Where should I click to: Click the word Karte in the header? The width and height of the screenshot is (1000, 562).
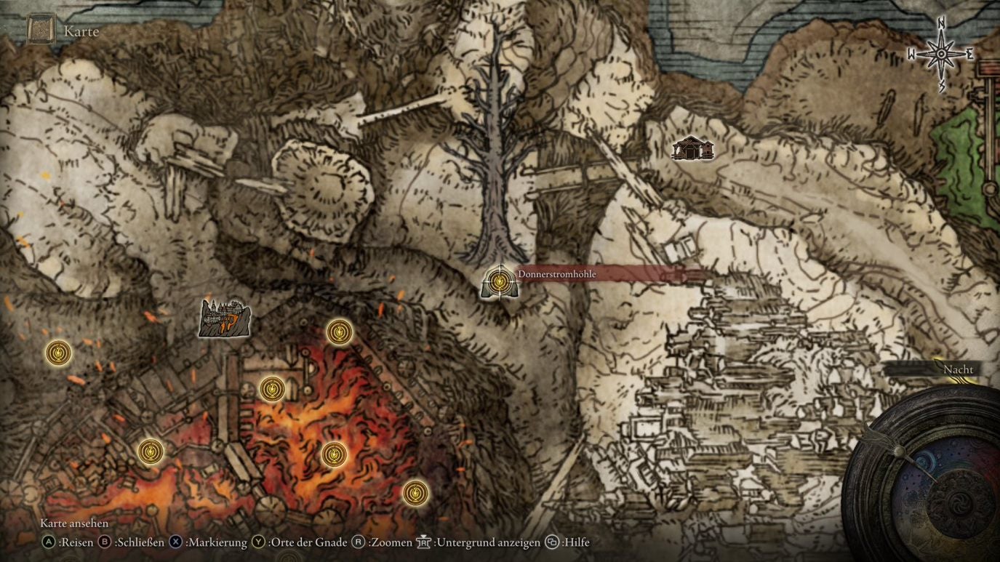pyautogui.click(x=81, y=31)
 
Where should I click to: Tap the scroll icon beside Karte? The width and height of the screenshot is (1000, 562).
pyautogui.click(x=41, y=30)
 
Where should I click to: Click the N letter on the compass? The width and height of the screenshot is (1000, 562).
pyautogui.click(x=941, y=24)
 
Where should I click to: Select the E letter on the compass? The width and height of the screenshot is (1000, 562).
pyautogui.click(x=969, y=54)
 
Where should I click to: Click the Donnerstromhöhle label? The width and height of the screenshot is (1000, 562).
pyautogui.click(x=556, y=274)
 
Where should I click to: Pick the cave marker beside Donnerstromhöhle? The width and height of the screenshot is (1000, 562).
pyautogui.click(x=499, y=282)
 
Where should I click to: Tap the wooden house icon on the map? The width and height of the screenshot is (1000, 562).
pyautogui.click(x=692, y=148)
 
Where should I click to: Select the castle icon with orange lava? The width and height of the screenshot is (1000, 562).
pyautogui.click(x=225, y=318)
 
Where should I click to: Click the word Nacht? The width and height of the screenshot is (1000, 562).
pyautogui.click(x=958, y=369)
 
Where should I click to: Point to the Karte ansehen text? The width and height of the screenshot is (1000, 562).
pyautogui.click(x=74, y=523)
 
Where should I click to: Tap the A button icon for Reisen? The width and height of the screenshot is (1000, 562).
pyautogui.click(x=49, y=542)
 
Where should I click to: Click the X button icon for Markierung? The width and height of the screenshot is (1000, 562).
pyautogui.click(x=176, y=542)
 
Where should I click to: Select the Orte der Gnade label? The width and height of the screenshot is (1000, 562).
pyautogui.click(x=307, y=542)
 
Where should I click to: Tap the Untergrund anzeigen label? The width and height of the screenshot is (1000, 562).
pyautogui.click(x=488, y=542)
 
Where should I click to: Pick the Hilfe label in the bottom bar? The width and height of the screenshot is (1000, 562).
pyautogui.click(x=575, y=542)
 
